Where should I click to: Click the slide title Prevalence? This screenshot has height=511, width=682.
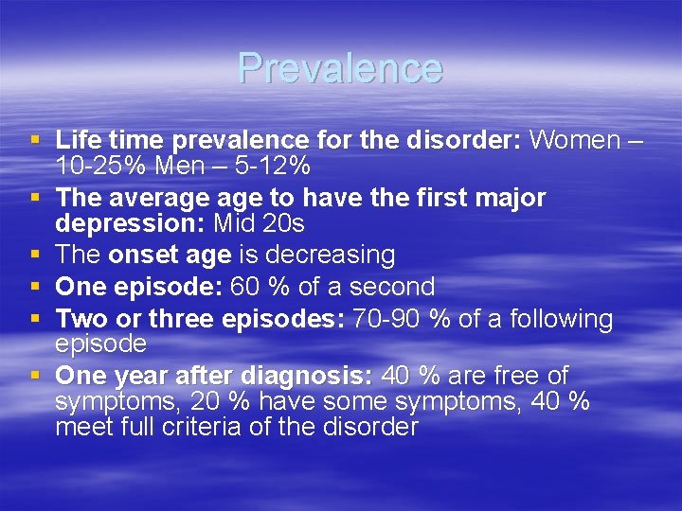tap(340, 68)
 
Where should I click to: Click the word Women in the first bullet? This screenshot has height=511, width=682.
tap(575, 141)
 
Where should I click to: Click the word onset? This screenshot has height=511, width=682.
tap(139, 255)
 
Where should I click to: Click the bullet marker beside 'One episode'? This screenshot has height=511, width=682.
tap(35, 286)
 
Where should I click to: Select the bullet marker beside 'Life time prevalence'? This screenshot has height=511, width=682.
tap(35, 140)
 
